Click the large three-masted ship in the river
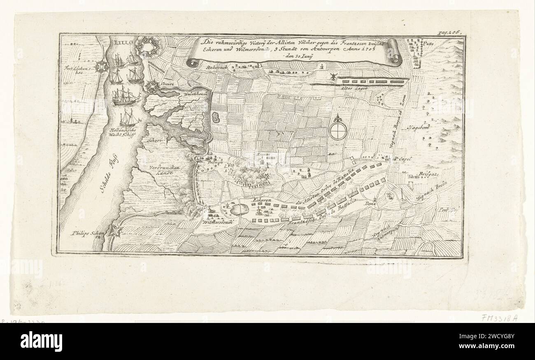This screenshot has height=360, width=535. click(126, 97)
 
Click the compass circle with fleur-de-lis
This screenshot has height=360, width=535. click(338, 129)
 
